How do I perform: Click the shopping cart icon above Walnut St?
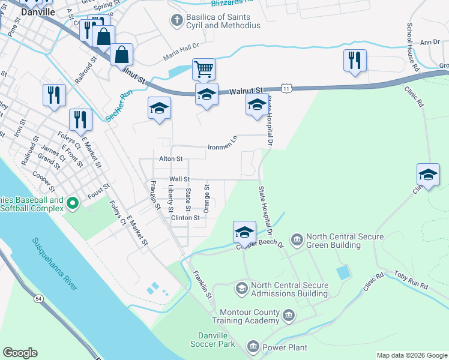tap(204, 69)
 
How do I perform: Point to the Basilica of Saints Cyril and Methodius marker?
tap(176, 20)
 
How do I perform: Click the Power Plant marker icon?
tap(253, 347)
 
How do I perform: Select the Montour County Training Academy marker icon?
tap(288, 315)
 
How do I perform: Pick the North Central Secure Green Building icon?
tap(297, 240)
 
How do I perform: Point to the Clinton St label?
tap(185, 218)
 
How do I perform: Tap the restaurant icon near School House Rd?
tap(355, 60)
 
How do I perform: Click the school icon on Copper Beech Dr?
tap(244, 232)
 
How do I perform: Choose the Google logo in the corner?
tap(20, 353)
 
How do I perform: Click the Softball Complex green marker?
tap(73, 204)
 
